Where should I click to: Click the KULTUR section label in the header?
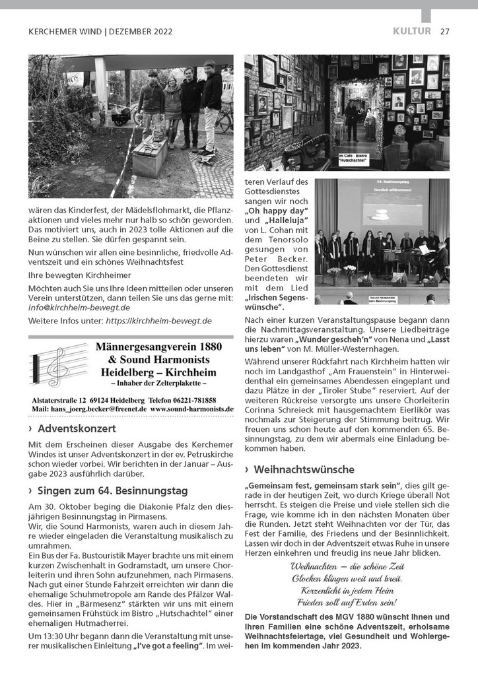pos(411,31)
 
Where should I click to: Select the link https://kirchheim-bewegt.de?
pos(158,321)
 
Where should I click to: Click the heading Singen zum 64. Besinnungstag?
pos(113,490)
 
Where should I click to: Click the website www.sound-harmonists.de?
pos(191,409)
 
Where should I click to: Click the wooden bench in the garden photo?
pos(149,156)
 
